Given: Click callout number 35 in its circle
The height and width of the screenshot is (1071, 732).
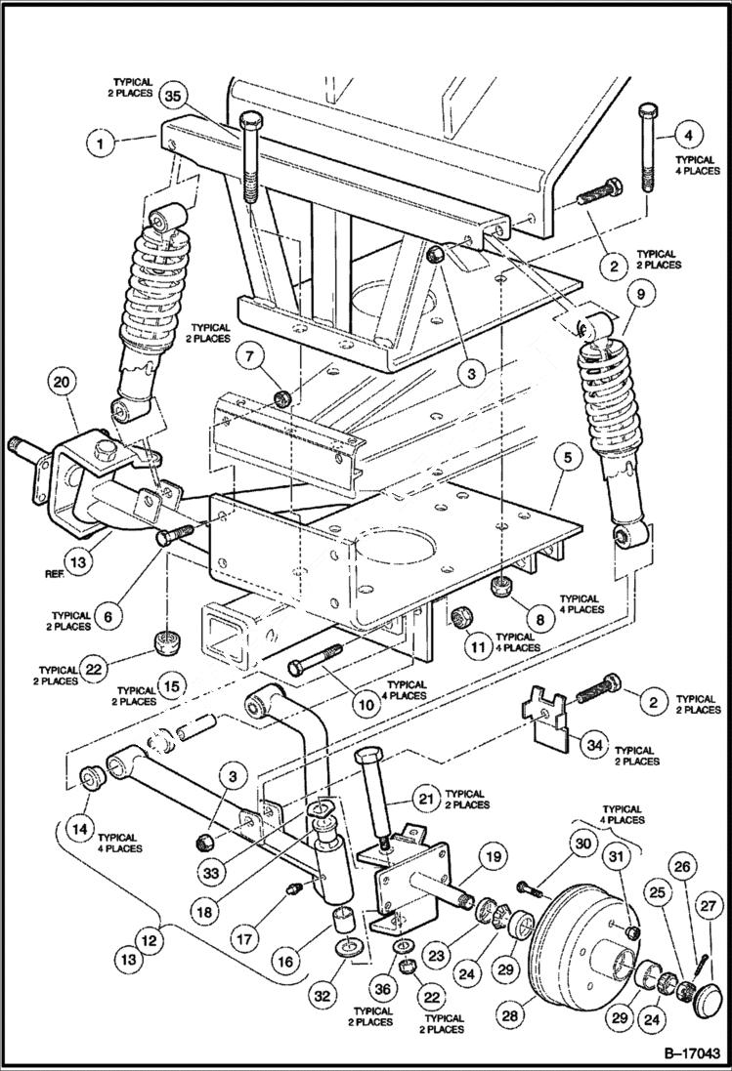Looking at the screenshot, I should pyautogui.click(x=174, y=98).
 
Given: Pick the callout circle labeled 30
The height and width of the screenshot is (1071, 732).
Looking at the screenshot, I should pyautogui.click(x=583, y=843).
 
